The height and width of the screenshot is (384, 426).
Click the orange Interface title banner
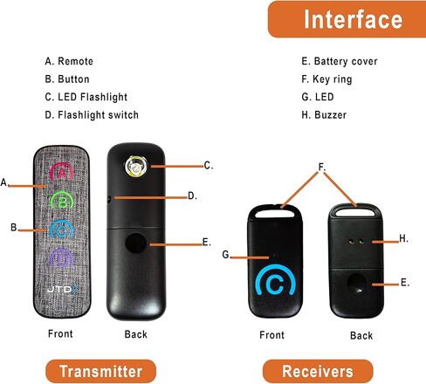click(347, 19)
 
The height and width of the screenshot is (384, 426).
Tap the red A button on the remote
click(62, 172)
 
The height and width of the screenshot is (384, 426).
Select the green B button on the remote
click(62, 201)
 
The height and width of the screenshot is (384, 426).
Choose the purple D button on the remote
click(61, 257)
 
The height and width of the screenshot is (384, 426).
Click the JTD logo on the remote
click(63, 289)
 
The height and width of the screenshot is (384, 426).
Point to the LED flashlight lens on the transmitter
click(135, 167)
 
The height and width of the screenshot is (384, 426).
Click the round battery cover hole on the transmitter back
click(136, 243)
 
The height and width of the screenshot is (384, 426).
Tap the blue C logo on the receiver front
click(276, 283)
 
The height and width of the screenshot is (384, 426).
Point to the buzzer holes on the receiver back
click(356, 242)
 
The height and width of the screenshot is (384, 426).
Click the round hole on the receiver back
click(356, 284)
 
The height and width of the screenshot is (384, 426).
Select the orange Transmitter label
click(100, 371)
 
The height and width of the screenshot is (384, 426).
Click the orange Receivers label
click(318, 371)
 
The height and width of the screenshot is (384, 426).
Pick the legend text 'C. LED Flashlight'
click(86, 97)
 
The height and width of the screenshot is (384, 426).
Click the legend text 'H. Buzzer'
click(324, 115)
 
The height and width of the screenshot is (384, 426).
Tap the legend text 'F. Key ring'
click(326, 79)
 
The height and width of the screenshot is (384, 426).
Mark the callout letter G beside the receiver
click(225, 255)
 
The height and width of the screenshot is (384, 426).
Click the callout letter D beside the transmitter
click(192, 195)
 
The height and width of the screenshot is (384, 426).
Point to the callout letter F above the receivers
click(321, 167)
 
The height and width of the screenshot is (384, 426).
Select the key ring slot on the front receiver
click(275, 213)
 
